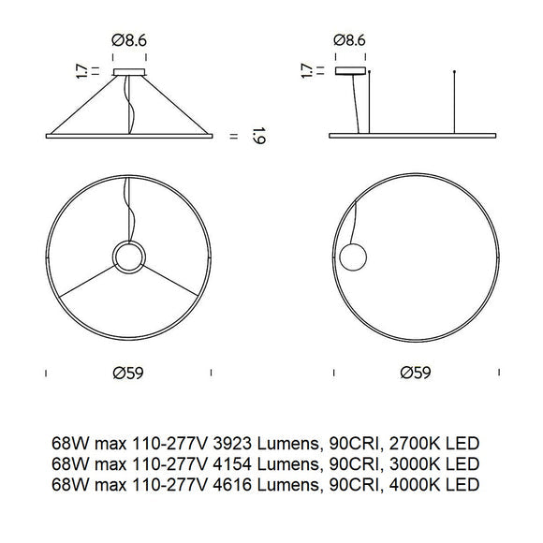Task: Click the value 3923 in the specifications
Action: [237, 441]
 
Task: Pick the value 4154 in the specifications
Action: [237, 463]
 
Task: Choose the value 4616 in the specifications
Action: [237, 486]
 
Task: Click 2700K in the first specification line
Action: [417, 441]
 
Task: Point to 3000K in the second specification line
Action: [417, 463]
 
